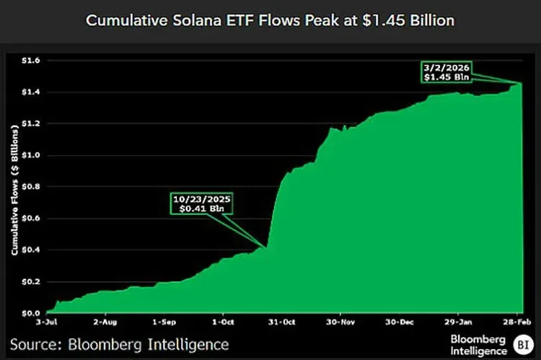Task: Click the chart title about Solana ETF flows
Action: pos(270,20)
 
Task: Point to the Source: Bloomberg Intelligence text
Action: pos(119,344)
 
